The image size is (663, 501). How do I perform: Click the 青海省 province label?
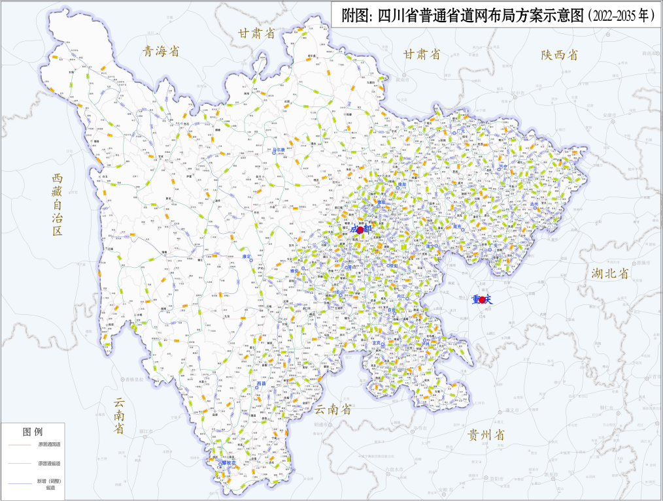[x=160, y=52]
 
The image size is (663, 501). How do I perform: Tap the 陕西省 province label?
[x=559, y=56]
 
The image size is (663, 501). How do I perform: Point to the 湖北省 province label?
[x=609, y=273]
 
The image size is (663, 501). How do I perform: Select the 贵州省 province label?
[x=485, y=434]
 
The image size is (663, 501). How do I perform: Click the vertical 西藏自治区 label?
[x=57, y=204]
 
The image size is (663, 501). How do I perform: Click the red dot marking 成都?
[x=360, y=229]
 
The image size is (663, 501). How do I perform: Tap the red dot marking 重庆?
[x=483, y=300]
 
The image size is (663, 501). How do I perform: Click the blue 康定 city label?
[x=246, y=257]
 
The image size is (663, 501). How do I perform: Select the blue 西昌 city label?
[x=262, y=384]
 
